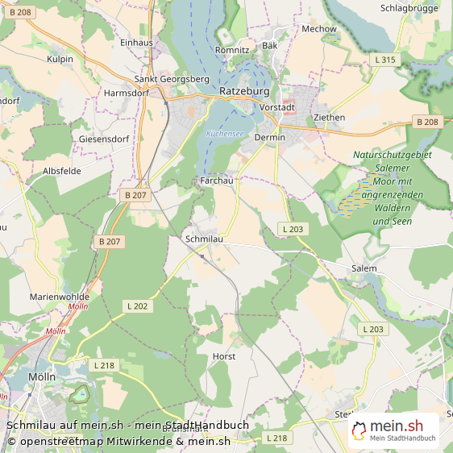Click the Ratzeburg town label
(243, 92)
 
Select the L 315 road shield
(385, 60)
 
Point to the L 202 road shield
(138, 305)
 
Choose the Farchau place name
(216, 182)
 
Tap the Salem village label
(364, 267)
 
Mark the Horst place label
(223, 355)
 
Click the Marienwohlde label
(60, 297)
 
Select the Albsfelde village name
(61, 171)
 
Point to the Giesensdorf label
(104, 139)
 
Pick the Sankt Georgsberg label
(172, 80)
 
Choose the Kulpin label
(60, 60)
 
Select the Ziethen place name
(329, 118)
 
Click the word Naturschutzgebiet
(392, 155)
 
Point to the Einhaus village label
(135, 42)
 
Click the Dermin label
(269, 138)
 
